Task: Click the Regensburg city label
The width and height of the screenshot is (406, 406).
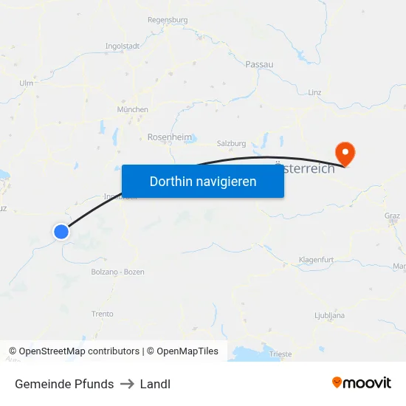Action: click(x=168, y=20)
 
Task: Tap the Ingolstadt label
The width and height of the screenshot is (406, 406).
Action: click(x=123, y=46)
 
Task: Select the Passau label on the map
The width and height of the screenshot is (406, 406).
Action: click(x=259, y=64)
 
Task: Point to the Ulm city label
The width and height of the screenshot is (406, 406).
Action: click(x=27, y=83)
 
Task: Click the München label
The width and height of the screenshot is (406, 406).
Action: click(x=133, y=109)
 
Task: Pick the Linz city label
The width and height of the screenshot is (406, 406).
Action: click(x=315, y=93)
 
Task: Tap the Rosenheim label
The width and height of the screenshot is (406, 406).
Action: click(x=170, y=137)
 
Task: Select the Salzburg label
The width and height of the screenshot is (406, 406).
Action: click(x=231, y=144)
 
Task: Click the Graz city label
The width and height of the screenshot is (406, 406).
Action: click(x=392, y=216)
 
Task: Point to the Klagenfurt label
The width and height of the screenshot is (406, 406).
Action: click(x=317, y=260)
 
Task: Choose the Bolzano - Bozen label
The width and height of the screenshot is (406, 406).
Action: click(x=117, y=272)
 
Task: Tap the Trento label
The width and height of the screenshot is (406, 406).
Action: click(x=103, y=314)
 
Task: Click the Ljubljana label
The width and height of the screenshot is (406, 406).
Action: click(x=328, y=315)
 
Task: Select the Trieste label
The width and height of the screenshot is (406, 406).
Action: click(x=281, y=354)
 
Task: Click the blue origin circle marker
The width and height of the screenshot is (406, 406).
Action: click(x=61, y=232)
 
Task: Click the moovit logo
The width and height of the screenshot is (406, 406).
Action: click(x=362, y=383)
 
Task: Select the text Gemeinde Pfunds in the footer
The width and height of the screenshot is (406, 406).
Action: click(x=64, y=384)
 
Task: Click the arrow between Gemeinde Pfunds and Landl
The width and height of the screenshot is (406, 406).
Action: click(x=126, y=384)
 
